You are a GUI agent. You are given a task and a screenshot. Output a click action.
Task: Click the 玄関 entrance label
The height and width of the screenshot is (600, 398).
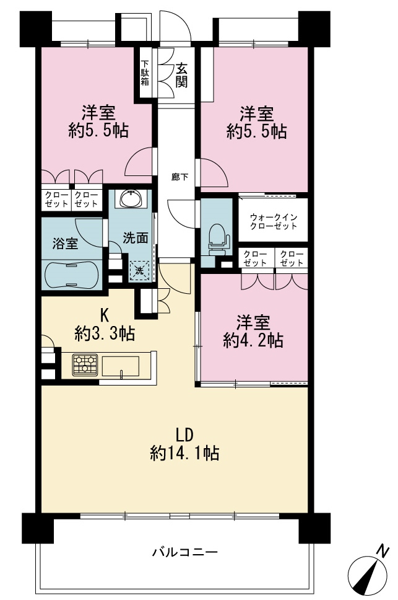(x=181, y=76)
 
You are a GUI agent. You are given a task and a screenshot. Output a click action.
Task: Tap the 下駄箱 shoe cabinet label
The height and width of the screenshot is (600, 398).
(x=145, y=73)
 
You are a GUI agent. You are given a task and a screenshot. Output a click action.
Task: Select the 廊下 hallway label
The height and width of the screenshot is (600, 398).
(x=180, y=177)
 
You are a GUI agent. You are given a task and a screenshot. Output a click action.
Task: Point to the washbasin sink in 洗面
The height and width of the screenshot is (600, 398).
(x=131, y=198)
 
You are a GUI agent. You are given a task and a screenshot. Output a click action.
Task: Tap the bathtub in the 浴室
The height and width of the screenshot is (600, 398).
(x=72, y=275)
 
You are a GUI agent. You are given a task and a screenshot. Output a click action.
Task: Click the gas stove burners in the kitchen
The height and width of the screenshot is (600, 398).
(x=85, y=364)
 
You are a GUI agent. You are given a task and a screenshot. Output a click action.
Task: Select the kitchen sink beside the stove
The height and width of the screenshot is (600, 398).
(x=120, y=367)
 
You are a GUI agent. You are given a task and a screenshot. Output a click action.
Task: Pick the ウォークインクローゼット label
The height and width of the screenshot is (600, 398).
(x=274, y=221)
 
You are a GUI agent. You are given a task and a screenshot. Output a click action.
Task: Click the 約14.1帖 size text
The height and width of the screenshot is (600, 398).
(x=184, y=454)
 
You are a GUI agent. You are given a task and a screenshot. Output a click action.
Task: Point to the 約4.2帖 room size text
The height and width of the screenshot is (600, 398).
(x=253, y=340)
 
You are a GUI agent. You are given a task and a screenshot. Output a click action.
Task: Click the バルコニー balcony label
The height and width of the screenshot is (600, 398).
(x=185, y=552)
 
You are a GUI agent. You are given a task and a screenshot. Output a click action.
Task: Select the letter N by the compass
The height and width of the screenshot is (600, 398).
(x=383, y=551)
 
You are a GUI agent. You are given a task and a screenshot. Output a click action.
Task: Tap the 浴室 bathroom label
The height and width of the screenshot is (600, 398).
(x=65, y=244)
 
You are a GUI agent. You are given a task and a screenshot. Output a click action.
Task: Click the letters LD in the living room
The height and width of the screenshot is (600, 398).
(x=185, y=435)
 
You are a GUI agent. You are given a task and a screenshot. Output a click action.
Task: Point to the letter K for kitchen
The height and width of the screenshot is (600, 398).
(x=104, y=315)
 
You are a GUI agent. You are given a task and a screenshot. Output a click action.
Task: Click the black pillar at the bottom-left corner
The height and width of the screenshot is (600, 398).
(x=37, y=528)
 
